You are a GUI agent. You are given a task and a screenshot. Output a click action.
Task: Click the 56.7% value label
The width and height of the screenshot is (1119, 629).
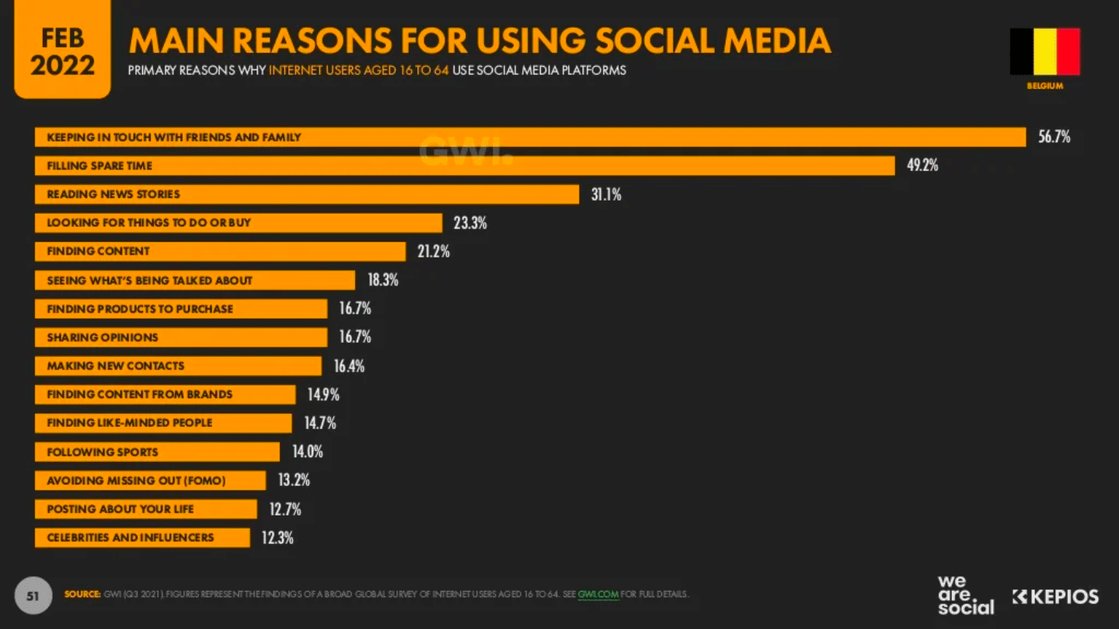[x=1054, y=137]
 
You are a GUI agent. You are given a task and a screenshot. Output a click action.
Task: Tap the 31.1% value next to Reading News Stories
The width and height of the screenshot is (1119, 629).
[x=606, y=194]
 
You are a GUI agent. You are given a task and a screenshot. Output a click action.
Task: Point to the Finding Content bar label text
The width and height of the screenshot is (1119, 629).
[x=98, y=251]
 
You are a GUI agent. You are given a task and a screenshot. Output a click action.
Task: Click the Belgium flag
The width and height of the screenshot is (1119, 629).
[x=1044, y=51]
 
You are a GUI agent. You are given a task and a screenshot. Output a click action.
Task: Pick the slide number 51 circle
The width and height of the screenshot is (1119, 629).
[x=33, y=596]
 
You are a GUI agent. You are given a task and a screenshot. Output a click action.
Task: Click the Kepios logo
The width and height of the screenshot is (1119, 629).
[x=1055, y=596]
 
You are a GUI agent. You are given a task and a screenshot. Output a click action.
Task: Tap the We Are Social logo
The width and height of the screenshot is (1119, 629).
[x=965, y=596]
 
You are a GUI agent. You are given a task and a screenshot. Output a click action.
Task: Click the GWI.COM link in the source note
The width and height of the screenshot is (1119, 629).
[x=598, y=595]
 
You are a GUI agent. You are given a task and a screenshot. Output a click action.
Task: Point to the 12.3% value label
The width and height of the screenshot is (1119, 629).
[x=277, y=537]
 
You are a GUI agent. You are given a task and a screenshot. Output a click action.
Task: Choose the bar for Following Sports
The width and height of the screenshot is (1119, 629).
[x=157, y=452]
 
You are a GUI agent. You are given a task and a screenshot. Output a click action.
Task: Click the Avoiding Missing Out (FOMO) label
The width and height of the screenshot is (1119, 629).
[x=136, y=480]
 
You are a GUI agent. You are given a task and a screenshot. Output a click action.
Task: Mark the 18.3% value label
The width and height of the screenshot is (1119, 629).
[x=382, y=280]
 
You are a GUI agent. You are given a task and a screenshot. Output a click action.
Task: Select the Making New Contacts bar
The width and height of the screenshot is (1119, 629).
[x=178, y=365]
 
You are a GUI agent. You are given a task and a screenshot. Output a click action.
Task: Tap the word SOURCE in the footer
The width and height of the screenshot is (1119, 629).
[x=82, y=595]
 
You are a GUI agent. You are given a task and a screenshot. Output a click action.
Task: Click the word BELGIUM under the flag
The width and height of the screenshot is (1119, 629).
[x=1044, y=86]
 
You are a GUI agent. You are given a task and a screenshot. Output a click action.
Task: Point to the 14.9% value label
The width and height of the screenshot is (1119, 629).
[x=323, y=394]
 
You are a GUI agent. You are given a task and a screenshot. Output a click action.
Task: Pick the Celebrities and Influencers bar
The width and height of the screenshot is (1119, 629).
[x=142, y=537]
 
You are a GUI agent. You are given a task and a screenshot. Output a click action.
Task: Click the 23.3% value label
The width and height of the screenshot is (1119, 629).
[x=470, y=223]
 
